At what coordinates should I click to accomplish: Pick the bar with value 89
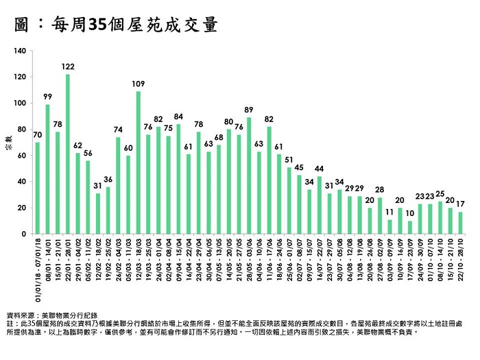tap(248, 176)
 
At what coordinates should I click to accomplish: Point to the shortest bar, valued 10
tap(409, 227)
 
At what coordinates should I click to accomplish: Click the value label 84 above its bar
tap(178, 116)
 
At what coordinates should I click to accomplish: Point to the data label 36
tap(108, 179)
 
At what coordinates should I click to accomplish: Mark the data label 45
tap(299, 167)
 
